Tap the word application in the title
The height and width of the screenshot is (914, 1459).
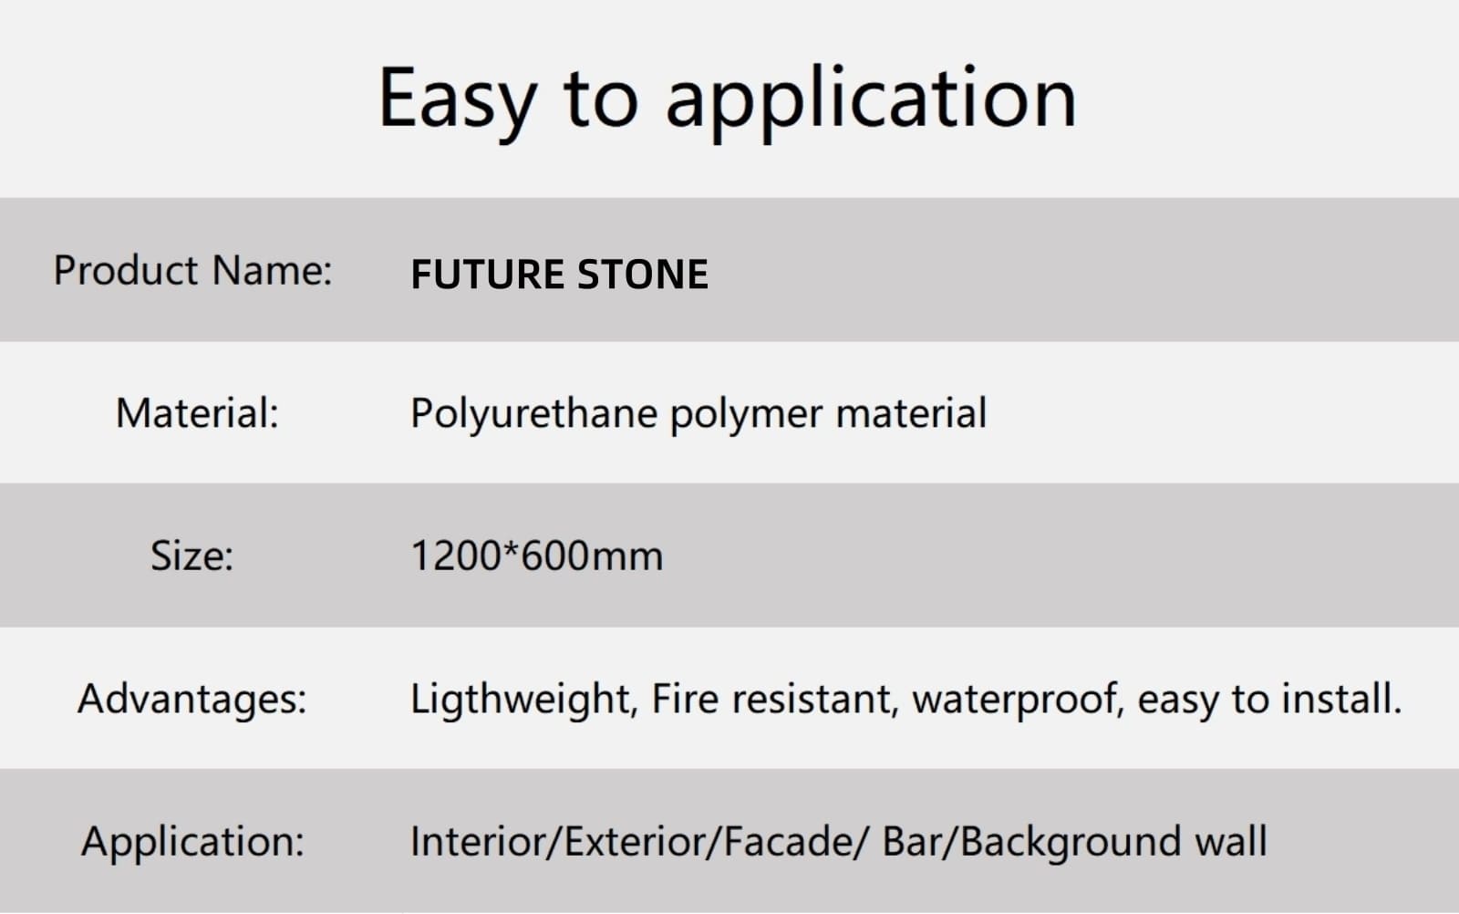tap(872, 102)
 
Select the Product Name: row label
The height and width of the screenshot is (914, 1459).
tap(192, 270)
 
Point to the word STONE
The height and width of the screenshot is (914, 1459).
tap(642, 275)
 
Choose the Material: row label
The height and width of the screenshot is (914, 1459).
tap(197, 413)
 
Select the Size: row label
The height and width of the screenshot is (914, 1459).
tap(191, 556)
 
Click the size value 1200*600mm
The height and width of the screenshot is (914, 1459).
tap(537, 556)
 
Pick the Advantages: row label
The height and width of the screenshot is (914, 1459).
tap(191, 699)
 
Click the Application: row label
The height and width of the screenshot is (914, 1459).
tap(192, 842)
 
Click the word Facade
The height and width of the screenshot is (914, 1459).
tap(788, 841)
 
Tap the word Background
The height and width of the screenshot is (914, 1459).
tap(1071, 843)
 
